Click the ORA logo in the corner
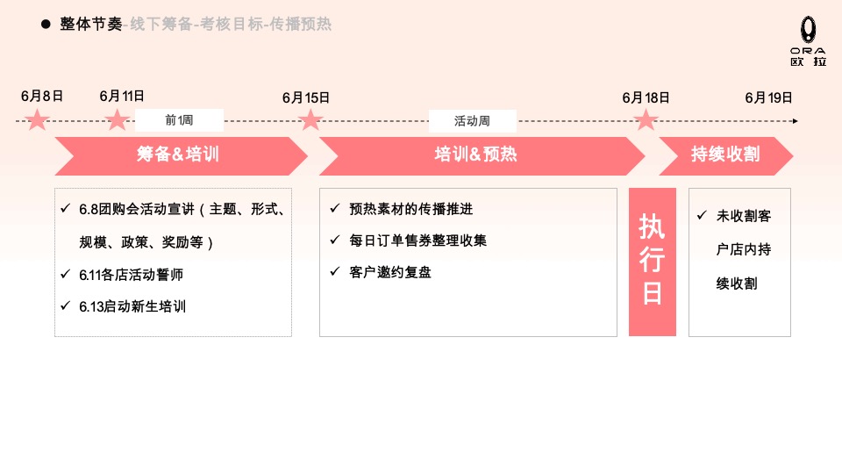tap(807, 43)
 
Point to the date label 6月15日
tap(306, 97)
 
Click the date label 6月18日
tap(646, 97)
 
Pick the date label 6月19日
tap(768, 97)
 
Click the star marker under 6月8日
tap(37, 119)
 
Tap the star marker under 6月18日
tap(646, 119)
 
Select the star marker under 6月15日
tap(310, 119)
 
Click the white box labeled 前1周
tap(179, 120)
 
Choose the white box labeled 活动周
tap(472, 120)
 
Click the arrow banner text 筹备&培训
tap(177, 155)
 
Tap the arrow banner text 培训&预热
tap(475, 155)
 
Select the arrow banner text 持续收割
tap(725, 155)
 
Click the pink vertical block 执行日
tap(652, 261)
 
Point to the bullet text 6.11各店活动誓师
tap(131, 275)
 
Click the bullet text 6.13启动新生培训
tap(132, 306)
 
